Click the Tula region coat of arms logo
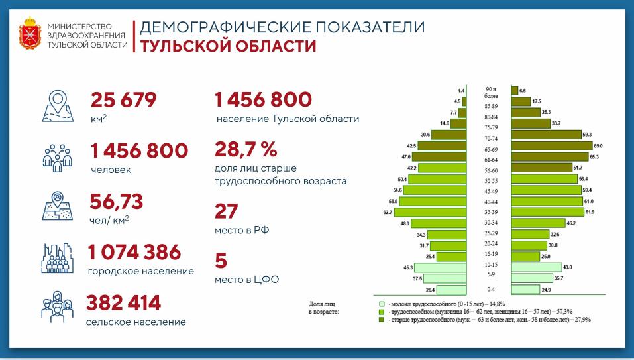30,35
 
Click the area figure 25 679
123,100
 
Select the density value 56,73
117,202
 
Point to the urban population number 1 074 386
134,252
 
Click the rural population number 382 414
124,303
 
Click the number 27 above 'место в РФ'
226,211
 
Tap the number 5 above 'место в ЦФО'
221,260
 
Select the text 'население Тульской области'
288,119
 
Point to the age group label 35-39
491,211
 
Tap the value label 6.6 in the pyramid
523,90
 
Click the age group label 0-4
491,290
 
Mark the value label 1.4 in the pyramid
460,90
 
